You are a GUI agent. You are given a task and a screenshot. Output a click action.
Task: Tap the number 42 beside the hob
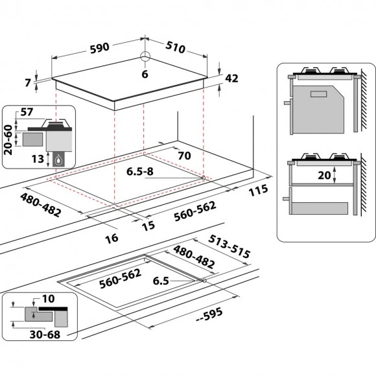231,78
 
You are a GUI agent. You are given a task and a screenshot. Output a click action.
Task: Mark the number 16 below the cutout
112,238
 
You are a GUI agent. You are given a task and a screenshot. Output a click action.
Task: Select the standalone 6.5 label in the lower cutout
160,282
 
